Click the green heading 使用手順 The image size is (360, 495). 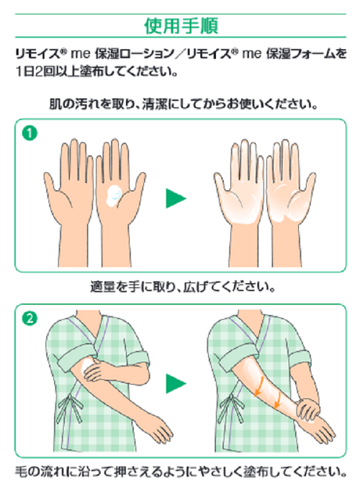[181, 26]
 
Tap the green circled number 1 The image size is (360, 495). [30, 133]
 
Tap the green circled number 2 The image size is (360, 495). [30, 318]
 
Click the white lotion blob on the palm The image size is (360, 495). [114, 196]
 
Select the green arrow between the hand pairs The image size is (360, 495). [176, 198]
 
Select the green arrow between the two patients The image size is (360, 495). [176, 383]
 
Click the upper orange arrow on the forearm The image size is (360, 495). [259, 387]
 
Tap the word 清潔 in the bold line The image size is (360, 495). [154, 104]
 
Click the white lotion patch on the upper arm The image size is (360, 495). [86, 367]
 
